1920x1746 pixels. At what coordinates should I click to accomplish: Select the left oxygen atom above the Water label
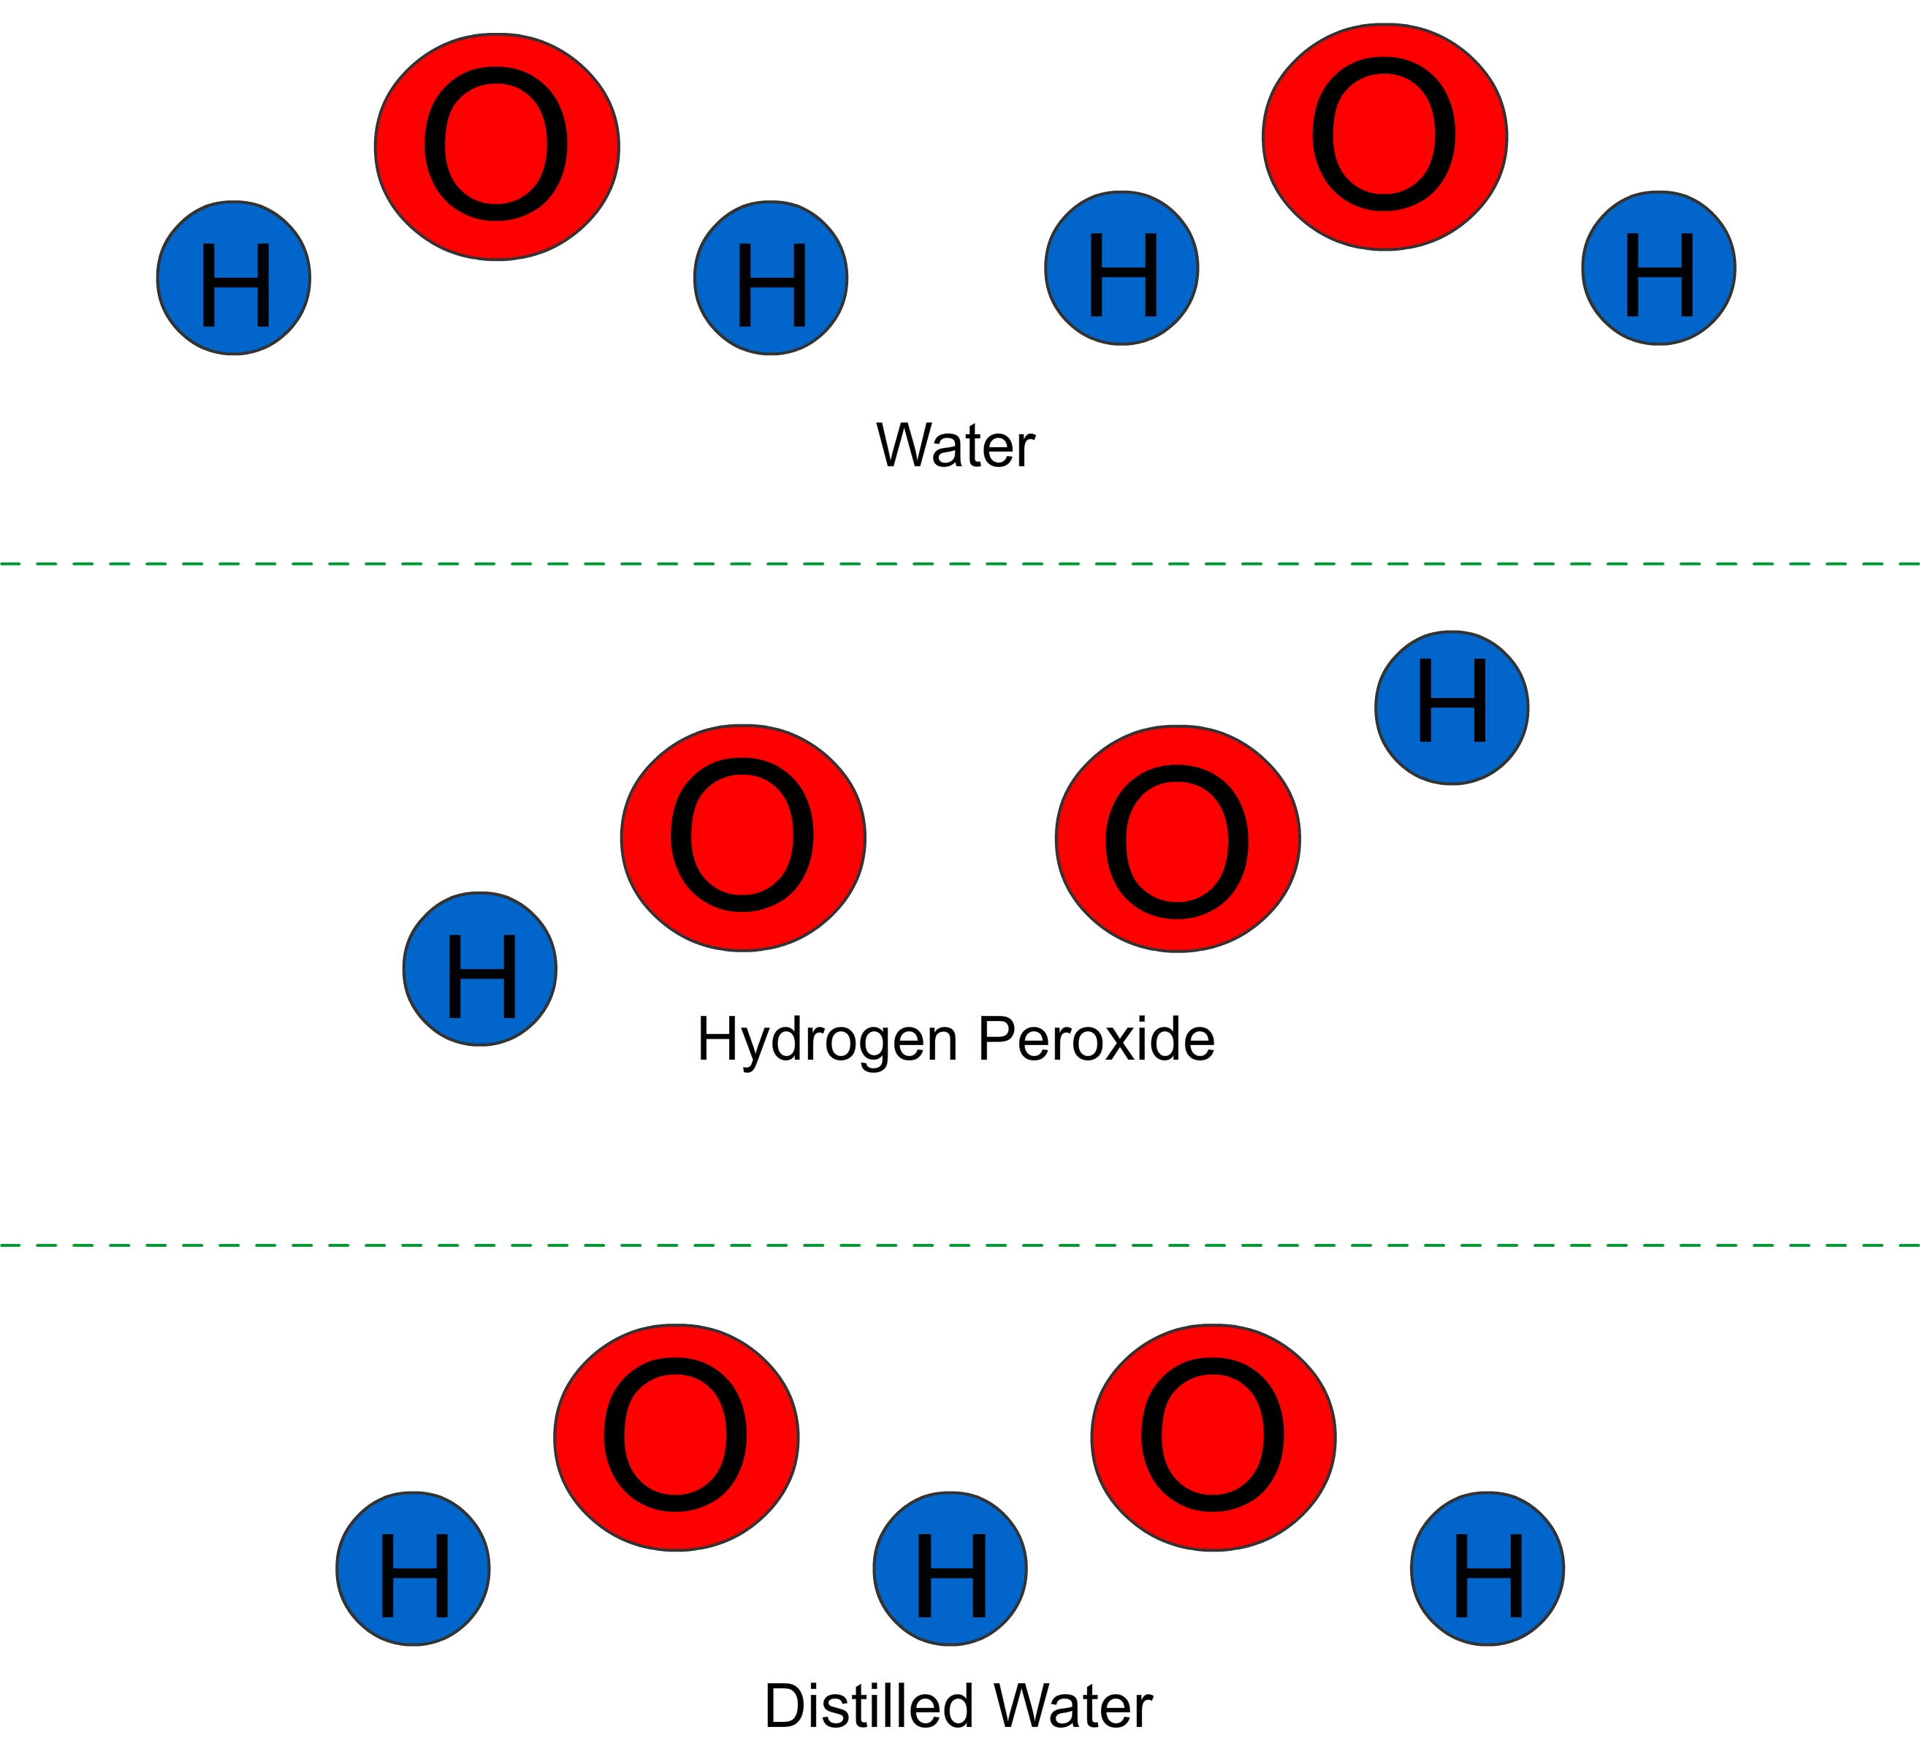click(x=497, y=147)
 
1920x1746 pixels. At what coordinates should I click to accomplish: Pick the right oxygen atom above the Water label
click(x=1384, y=137)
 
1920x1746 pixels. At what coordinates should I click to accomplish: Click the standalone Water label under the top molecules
click(x=955, y=445)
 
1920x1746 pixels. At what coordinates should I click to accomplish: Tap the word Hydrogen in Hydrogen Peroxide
click(x=827, y=1039)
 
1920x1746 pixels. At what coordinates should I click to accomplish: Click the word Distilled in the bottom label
click(x=868, y=1705)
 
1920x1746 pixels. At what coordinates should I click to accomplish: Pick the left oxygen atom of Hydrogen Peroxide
click(x=743, y=838)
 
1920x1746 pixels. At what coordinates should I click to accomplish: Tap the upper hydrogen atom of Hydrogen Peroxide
click(x=1452, y=707)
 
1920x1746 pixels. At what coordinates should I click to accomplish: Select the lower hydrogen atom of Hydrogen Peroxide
click(x=480, y=968)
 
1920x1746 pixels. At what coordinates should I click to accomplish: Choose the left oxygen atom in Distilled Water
click(x=677, y=1438)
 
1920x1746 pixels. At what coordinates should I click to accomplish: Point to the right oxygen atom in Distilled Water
click(x=1214, y=1438)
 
